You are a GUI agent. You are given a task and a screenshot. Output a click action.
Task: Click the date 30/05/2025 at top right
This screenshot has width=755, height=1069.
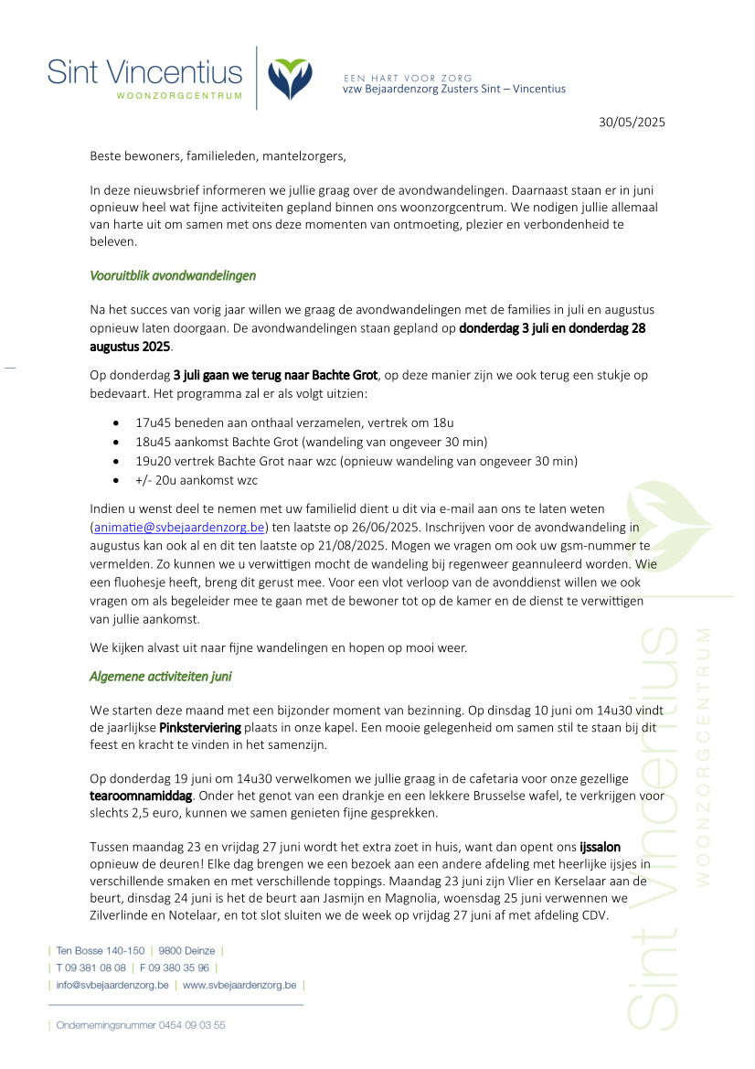[x=632, y=122]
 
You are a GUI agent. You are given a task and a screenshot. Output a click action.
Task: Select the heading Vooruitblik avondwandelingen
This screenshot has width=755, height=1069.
[x=173, y=275]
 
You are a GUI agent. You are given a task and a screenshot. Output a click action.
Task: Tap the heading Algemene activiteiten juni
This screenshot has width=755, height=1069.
[x=162, y=677]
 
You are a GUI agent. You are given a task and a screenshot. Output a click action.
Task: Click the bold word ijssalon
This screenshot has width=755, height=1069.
[x=600, y=846]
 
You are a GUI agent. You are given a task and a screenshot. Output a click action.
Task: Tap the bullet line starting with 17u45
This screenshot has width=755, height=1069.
[x=294, y=423]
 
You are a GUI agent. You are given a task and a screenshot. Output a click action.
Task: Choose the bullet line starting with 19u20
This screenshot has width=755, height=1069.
[x=356, y=461]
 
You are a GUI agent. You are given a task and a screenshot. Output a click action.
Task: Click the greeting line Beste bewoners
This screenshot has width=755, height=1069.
[x=218, y=155]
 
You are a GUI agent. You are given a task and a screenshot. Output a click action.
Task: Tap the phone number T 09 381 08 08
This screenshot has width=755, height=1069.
[x=90, y=967]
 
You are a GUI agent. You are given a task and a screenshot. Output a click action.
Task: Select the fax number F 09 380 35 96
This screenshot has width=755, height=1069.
[x=174, y=967]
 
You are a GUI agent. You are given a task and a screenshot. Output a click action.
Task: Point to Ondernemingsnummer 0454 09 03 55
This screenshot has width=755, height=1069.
[x=141, y=1025]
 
